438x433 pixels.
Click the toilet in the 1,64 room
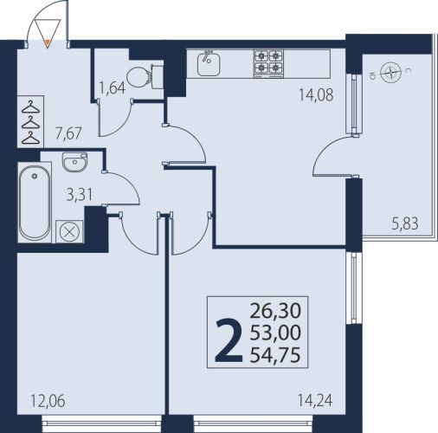(x=145, y=77)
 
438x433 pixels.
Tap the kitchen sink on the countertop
(x=209, y=64)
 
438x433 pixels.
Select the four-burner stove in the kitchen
(x=268, y=64)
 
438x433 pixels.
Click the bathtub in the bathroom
(x=35, y=202)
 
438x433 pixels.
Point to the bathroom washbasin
(x=74, y=162)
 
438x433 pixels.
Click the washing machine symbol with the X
(x=69, y=232)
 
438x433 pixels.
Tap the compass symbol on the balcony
(x=390, y=73)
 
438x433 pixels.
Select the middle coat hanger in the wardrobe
(x=30, y=123)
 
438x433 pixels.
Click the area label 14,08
(x=316, y=95)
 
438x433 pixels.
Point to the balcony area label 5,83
(x=405, y=223)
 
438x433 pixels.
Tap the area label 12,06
(x=48, y=402)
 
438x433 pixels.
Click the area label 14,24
(x=315, y=401)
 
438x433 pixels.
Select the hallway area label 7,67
(x=68, y=134)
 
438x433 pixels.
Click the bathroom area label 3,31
(x=80, y=195)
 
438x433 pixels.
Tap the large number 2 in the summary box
(x=229, y=340)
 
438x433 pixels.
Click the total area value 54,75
(x=275, y=355)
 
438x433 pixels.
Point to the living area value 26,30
(x=275, y=311)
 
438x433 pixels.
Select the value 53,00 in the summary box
(x=275, y=333)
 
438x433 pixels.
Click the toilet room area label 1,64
(x=113, y=87)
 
